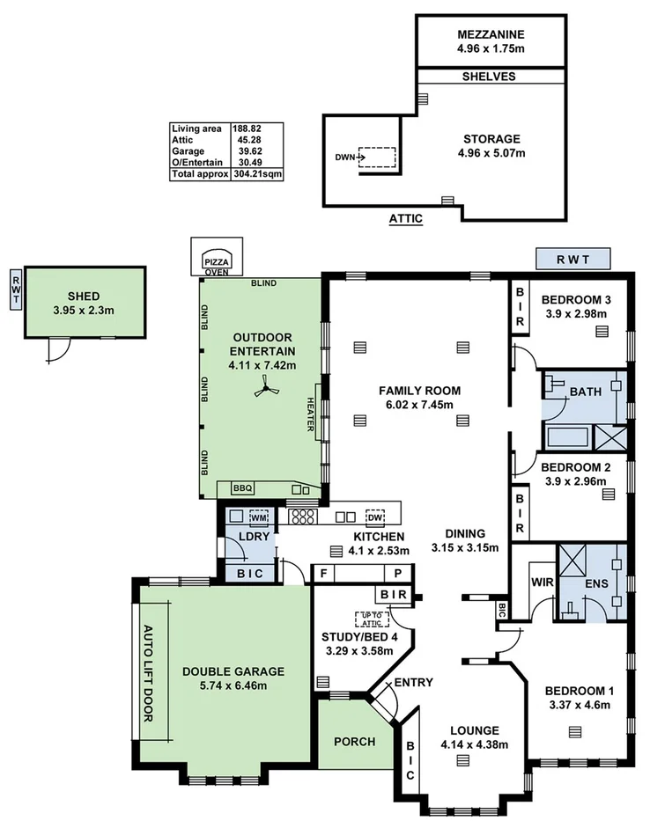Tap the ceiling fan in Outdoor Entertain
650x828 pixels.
265,388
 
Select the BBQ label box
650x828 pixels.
241,487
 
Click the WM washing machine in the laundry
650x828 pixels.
259,517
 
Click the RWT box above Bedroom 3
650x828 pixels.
572,260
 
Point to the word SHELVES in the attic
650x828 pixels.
489,77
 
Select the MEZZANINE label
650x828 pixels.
490,35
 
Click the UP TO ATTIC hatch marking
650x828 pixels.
372,619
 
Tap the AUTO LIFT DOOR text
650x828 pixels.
148,673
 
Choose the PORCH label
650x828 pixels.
354,742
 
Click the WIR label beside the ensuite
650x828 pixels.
541,582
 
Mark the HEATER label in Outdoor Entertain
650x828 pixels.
311,413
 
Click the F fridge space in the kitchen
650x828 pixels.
325,573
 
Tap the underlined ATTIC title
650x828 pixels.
406,217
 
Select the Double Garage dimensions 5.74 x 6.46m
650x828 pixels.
225,685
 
